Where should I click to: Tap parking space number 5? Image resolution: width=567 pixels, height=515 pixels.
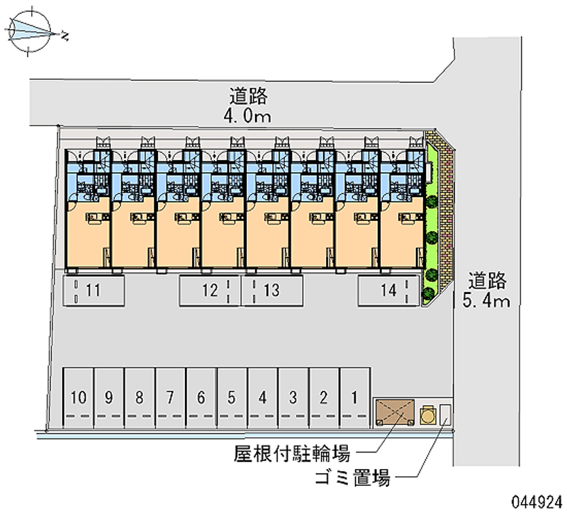tap(232, 398)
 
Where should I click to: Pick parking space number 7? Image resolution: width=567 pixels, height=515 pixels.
tap(170, 398)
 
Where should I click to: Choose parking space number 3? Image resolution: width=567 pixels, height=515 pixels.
tap(293, 398)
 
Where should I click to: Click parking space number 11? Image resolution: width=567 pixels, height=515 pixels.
tap(94, 290)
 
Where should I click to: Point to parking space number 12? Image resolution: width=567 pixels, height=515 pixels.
tap(209, 290)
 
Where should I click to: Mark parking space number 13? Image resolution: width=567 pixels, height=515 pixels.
tap(271, 290)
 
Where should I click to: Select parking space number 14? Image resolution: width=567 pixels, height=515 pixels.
tap(387, 290)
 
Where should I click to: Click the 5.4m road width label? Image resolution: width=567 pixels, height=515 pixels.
tap(486, 302)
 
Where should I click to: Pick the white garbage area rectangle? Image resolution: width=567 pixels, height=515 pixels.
tap(444, 414)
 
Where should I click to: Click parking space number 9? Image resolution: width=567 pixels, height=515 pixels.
tap(108, 398)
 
